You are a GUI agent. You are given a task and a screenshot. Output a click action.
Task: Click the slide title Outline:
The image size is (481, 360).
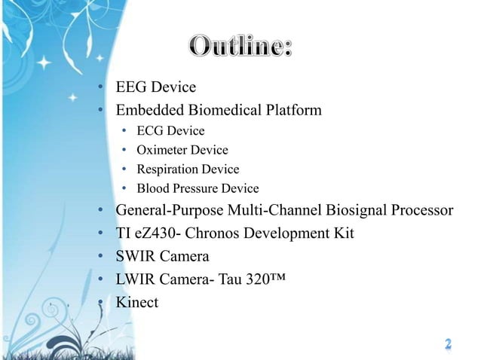240,47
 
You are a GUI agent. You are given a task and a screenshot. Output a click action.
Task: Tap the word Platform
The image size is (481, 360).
291,111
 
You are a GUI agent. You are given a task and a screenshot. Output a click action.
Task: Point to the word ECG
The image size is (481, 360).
150,131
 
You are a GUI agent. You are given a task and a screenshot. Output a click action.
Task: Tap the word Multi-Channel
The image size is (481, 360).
278,210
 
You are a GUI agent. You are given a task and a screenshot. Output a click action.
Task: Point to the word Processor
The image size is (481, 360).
423,210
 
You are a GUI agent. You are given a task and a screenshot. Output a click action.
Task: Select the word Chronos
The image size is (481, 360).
221,233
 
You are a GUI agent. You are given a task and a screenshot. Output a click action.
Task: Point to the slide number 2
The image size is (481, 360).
448,344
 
